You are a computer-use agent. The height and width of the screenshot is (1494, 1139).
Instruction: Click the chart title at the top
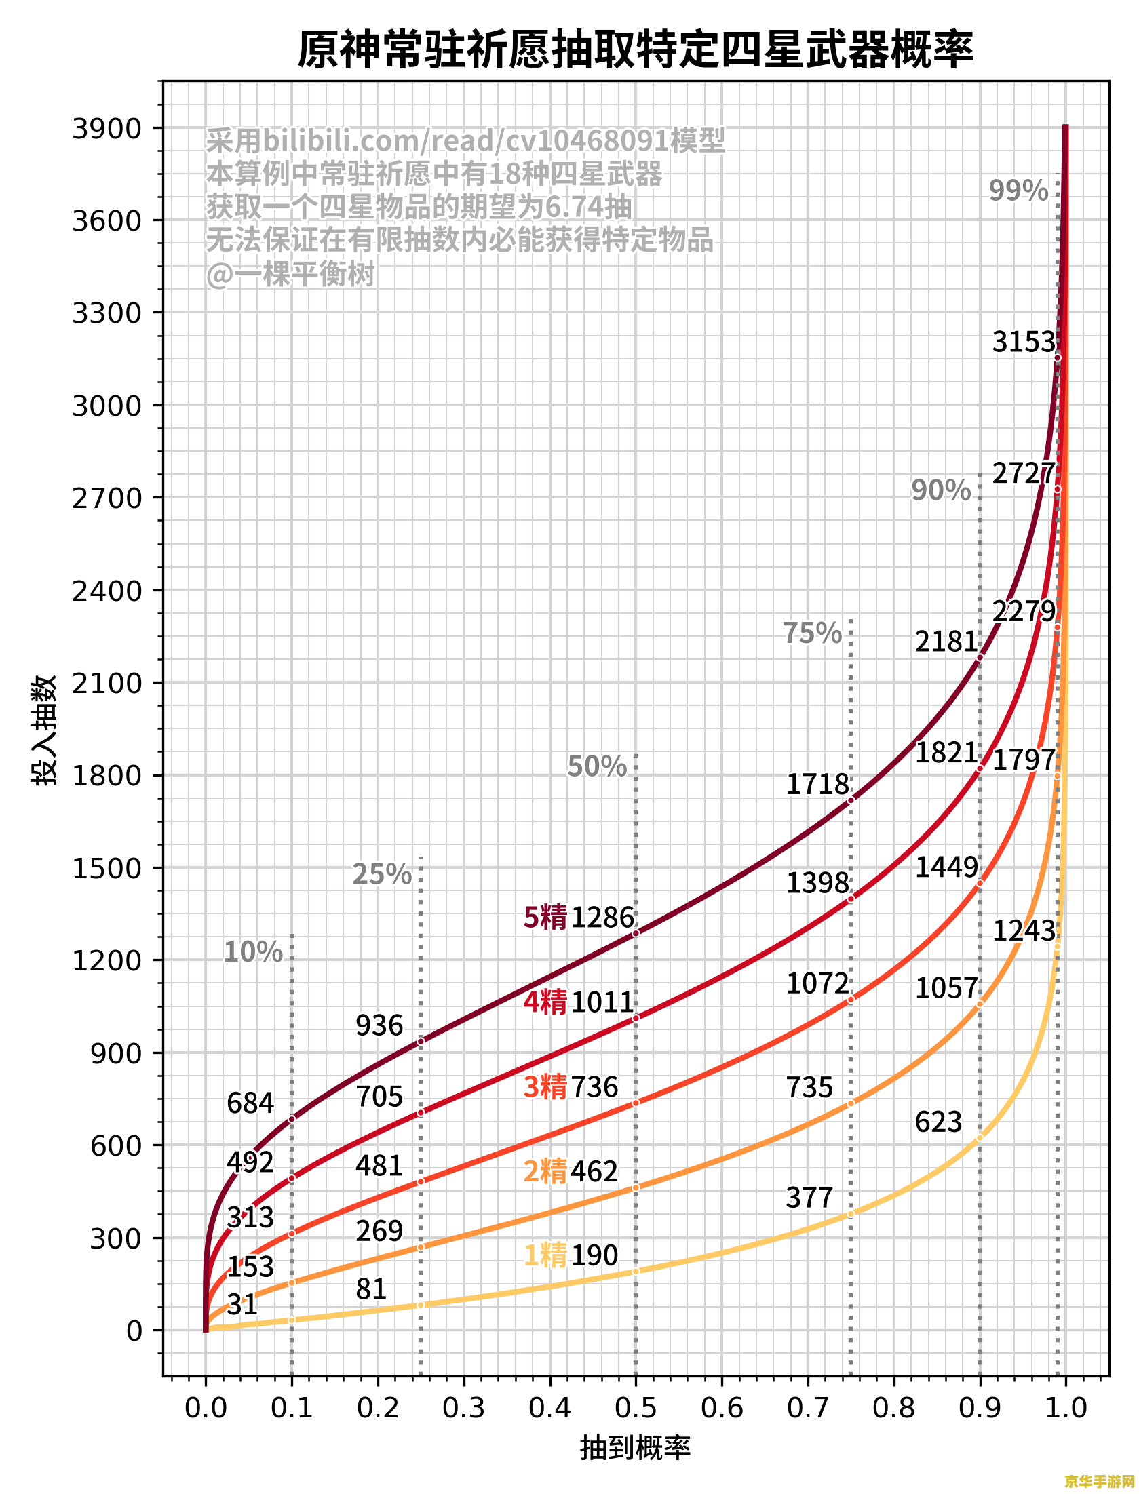636,50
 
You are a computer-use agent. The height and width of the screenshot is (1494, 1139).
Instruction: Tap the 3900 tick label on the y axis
107,128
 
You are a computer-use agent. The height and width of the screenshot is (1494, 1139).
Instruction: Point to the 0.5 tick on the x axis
636,1408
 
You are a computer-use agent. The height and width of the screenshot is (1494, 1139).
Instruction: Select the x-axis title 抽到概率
636,1449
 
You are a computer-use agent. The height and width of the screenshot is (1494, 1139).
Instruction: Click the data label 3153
1024,342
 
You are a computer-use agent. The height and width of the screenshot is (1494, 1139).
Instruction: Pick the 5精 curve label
545,918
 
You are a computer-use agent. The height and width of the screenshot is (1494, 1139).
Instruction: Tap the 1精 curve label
545,1255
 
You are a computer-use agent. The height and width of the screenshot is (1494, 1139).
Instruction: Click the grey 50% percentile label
597,766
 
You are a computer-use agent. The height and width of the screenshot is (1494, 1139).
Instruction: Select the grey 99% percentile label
1018,191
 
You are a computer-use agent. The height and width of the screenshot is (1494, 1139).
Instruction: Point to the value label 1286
602,918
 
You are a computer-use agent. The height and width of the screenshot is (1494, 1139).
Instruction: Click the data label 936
379,1025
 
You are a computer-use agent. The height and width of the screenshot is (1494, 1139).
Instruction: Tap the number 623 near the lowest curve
938,1122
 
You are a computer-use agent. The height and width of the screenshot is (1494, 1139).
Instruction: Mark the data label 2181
946,642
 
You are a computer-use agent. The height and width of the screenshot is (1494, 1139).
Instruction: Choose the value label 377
809,1198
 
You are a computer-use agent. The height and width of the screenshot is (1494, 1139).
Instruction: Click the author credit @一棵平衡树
290,274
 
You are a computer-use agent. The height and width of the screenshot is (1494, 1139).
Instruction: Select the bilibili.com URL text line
465,141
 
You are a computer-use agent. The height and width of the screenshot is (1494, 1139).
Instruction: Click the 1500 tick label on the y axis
107,868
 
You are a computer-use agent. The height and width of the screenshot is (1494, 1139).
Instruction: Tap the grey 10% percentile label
253,952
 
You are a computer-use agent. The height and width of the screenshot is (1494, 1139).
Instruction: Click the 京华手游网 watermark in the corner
1099,1481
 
